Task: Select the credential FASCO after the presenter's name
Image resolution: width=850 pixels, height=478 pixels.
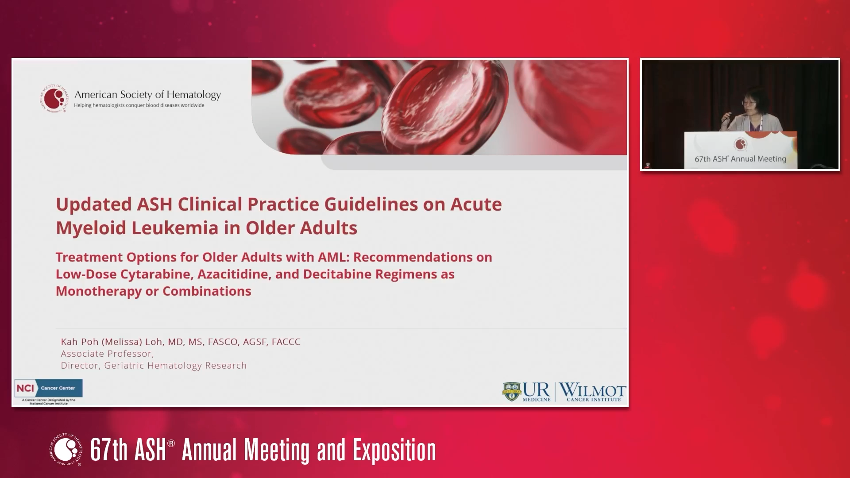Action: click(x=222, y=342)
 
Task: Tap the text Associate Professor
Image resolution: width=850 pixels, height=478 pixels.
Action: click(x=107, y=354)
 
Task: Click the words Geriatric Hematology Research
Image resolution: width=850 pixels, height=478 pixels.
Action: click(x=175, y=366)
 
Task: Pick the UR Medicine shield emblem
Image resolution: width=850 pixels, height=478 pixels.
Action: click(x=511, y=392)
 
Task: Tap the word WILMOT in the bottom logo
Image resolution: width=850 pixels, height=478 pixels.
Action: click(x=593, y=390)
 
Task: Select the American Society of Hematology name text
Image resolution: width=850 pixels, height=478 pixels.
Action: click(x=147, y=95)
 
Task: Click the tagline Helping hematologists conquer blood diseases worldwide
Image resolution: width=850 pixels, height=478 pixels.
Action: click(x=139, y=105)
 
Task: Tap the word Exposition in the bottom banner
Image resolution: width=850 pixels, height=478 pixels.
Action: click(x=394, y=450)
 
